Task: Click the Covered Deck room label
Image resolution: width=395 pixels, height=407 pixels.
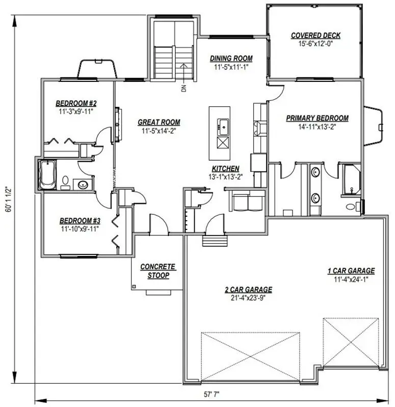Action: click(315, 35)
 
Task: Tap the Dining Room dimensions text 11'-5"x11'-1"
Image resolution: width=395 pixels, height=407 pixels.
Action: click(231, 67)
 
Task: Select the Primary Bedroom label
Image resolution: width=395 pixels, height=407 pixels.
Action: click(317, 118)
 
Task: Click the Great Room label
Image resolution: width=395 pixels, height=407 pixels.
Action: click(159, 122)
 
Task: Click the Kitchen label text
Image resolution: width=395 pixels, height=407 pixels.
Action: click(225, 168)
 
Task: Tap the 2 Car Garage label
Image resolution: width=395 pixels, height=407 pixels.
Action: click(248, 289)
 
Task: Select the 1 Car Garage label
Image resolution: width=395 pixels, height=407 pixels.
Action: click(351, 271)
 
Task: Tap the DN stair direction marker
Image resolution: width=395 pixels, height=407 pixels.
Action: click(182, 88)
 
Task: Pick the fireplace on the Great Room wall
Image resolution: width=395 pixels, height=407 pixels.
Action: click(117, 124)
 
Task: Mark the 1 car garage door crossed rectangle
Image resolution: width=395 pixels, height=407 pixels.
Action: click(351, 342)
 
